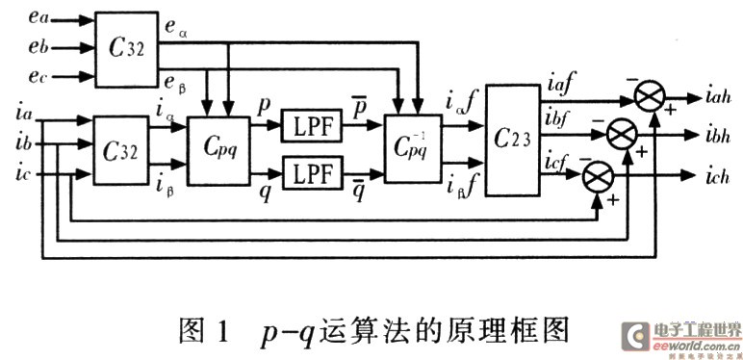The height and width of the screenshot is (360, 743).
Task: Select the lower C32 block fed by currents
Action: (123, 149)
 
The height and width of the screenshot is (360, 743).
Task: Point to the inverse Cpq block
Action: (411, 149)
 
